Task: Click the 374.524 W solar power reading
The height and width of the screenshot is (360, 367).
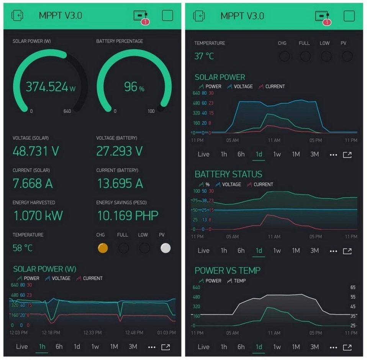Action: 50,87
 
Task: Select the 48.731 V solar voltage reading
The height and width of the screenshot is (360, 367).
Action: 36,151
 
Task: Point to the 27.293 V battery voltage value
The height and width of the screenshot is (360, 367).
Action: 120,151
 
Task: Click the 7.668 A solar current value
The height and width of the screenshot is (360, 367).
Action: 33,183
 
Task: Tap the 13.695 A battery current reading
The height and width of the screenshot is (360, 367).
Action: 120,183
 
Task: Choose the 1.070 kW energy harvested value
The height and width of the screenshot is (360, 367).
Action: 38,216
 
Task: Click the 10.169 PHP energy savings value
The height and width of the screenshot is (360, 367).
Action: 127,216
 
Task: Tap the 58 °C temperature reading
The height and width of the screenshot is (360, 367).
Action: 23,248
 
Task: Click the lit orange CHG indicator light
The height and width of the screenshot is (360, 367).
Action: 103,248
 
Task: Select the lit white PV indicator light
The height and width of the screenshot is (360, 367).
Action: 165,248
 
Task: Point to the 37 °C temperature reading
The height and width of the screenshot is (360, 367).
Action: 204,56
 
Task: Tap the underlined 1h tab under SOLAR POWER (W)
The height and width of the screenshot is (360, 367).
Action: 42,347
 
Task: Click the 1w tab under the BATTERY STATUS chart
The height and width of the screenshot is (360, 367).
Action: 277,250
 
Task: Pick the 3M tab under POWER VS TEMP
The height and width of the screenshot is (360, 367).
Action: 315,347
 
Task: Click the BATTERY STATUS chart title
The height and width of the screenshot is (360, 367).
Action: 228,175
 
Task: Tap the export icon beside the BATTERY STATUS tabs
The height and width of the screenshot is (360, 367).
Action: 347,251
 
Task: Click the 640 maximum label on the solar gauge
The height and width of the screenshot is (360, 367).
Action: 67,111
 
